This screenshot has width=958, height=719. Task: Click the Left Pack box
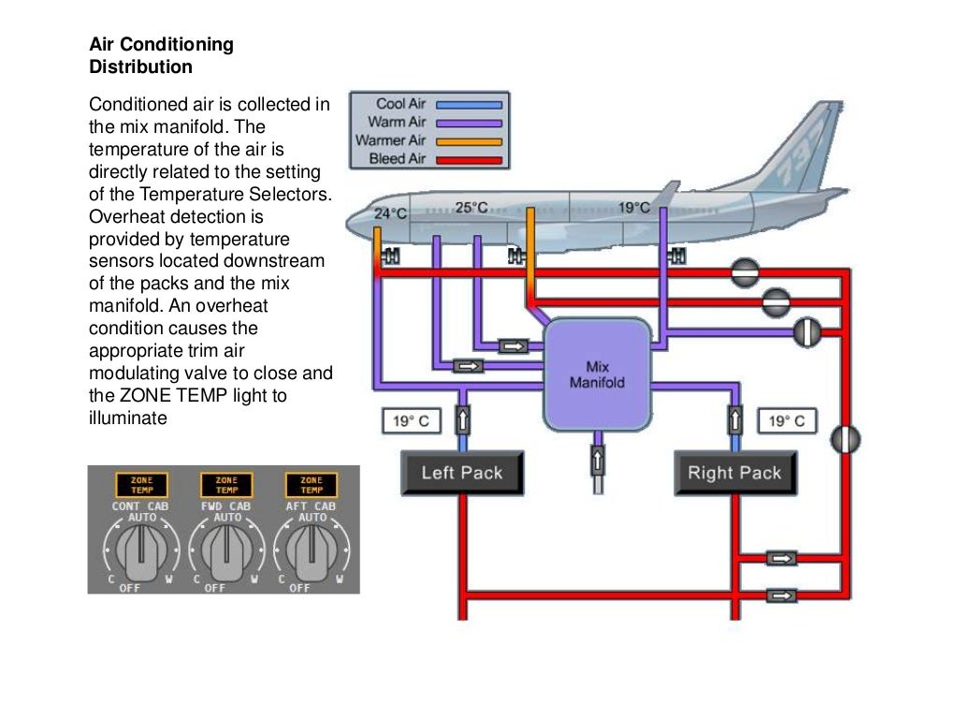pyautogui.click(x=462, y=473)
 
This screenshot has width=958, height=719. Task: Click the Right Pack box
pyautogui.click(x=734, y=473)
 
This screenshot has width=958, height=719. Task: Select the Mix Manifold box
pyautogui.click(x=598, y=374)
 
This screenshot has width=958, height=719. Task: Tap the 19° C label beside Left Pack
pyautogui.click(x=411, y=421)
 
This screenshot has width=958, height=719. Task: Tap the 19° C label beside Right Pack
pyautogui.click(x=786, y=421)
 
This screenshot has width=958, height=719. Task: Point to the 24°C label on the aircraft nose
pyautogui.click(x=391, y=213)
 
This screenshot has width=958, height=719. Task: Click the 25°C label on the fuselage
pyautogui.click(x=472, y=207)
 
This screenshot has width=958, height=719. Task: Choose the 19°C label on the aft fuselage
pyautogui.click(x=633, y=207)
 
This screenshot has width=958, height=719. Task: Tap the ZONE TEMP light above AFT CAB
pyautogui.click(x=312, y=485)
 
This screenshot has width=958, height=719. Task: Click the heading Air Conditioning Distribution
pyautogui.click(x=161, y=56)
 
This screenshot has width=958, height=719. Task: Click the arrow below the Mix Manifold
pyautogui.click(x=597, y=460)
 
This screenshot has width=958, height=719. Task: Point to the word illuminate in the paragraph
pyautogui.click(x=127, y=418)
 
